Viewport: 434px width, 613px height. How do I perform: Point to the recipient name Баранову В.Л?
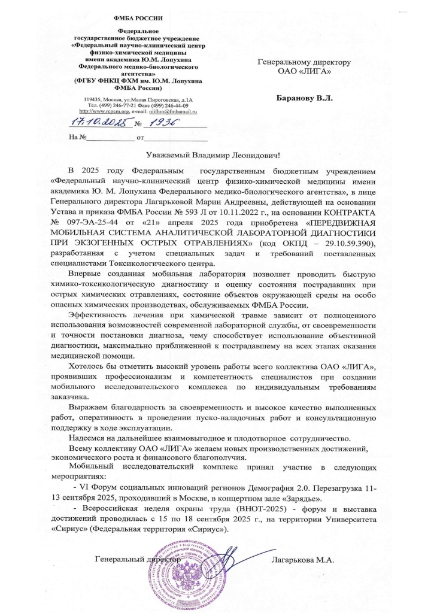305,97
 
